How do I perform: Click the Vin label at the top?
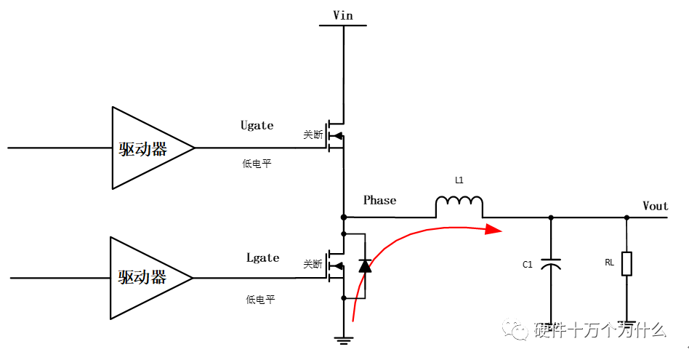343,15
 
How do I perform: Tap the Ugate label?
257,125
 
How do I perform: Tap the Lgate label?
262,257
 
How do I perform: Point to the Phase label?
379,200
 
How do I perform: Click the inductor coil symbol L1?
459,207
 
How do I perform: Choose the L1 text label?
459,180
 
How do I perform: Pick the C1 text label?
528,265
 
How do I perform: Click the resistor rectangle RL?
626,263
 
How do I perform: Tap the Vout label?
655,206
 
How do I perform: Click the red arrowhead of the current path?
494,229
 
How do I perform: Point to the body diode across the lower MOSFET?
364,266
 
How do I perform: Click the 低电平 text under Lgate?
260,299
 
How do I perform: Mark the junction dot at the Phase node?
343,217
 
